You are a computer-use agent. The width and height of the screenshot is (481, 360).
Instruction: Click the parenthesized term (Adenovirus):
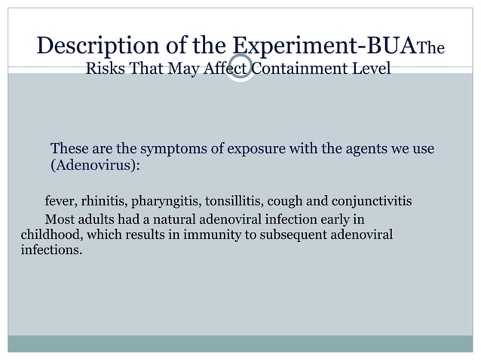click(95, 165)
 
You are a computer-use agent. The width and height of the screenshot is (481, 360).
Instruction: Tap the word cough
click(286, 202)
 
